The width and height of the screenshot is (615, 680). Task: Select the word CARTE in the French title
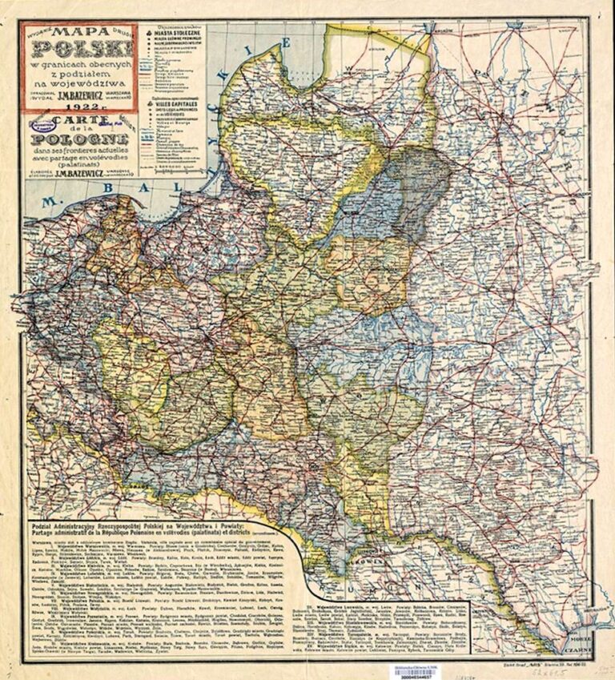click(x=78, y=123)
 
